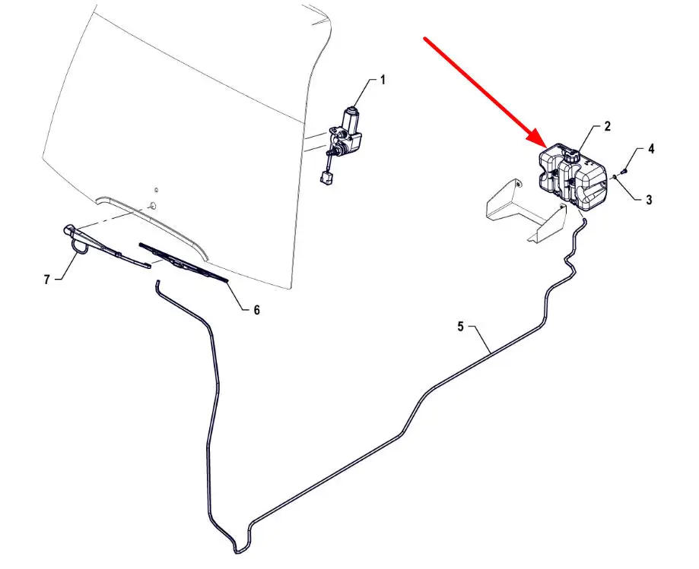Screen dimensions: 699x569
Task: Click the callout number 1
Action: (383, 80)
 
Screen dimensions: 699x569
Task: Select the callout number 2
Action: (607, 126)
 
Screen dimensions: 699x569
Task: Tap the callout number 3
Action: (649, 200)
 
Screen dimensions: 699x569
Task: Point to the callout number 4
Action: (651, 149)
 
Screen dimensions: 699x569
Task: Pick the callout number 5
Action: (460, 327)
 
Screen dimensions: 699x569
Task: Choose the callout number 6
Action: (257, 310)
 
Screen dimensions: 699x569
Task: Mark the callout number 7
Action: (47, 280)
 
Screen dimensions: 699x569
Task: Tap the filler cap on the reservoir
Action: (570, 156)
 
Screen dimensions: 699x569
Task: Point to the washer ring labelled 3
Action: (615, 177)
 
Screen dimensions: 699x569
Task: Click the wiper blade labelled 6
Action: (183, 263)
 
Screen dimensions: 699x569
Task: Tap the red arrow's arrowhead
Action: (537, 138)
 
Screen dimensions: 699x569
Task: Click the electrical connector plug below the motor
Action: (325, 178)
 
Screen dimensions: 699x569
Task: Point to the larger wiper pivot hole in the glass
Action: (152, 206)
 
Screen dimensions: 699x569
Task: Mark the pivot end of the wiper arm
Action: (68, 229)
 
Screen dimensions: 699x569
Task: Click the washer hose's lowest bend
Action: (237, 552)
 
